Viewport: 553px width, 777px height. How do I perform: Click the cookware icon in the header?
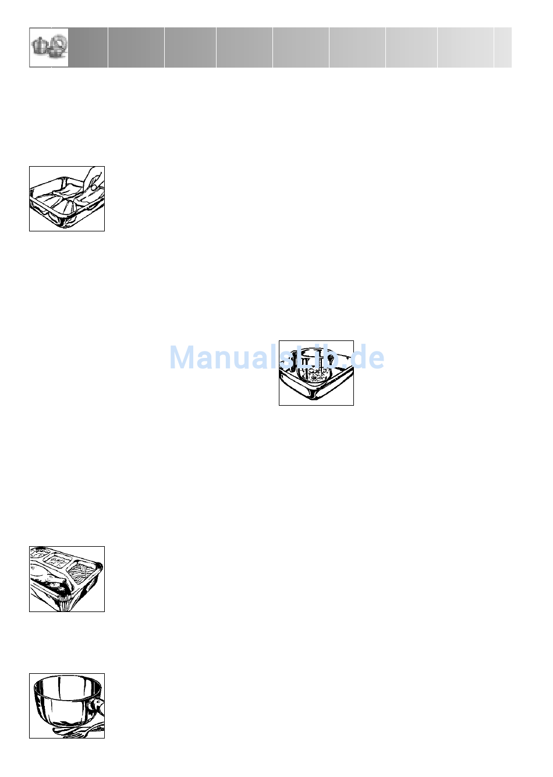click(49, 47)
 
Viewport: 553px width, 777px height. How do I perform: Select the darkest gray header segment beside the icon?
click(88, 47)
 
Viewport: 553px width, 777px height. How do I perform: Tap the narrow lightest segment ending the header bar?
click(503, 47)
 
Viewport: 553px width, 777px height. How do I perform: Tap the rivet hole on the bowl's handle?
click(100, 709)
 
